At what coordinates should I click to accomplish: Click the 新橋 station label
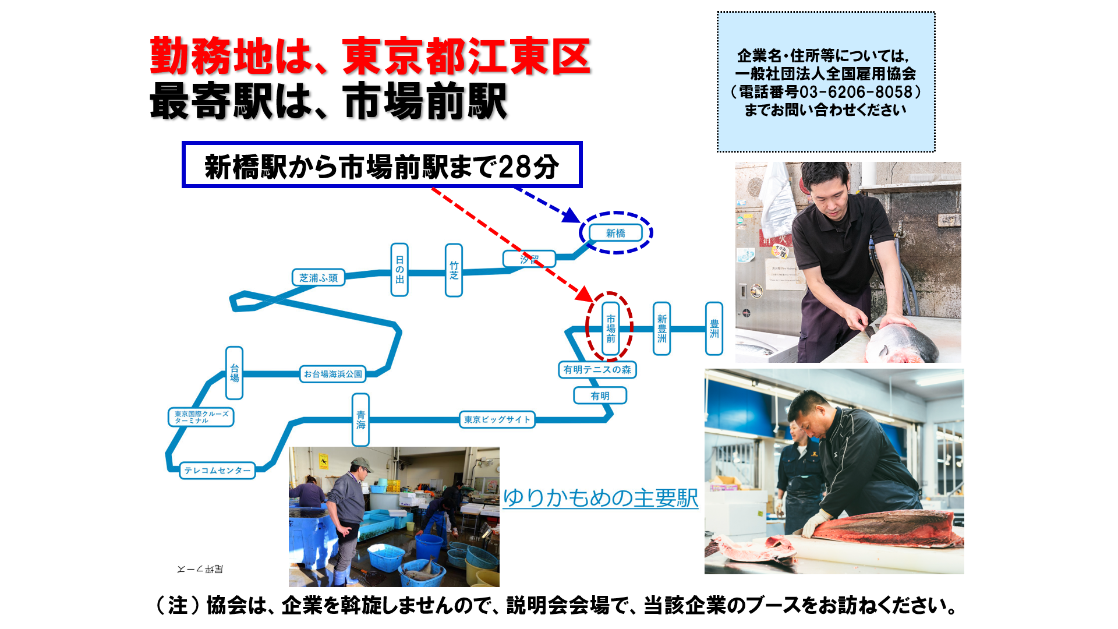click(x=615, y=233)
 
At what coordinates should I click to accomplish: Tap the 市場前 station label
click(x=610, y=328)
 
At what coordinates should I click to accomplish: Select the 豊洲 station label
click(x=714, y=328)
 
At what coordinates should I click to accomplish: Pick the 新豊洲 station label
click(x=661, y=328)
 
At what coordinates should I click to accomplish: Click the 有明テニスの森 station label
click(x=597, y=369)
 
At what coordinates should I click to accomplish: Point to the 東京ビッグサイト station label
click(x=497, y=419)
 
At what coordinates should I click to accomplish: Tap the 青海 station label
click(x=360, y=419)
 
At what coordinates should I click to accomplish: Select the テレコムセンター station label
click(x=217, y=470)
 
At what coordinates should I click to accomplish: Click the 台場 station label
click(x=234, y=373)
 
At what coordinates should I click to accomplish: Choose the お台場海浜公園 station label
click(x=333, y=374)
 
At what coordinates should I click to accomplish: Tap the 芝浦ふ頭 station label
click(x=318, y=278)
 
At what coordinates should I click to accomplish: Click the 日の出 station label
click(x=399, y=270)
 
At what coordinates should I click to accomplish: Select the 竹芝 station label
click(x=454, y=270)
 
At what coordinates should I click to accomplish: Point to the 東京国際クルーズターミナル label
click(x=201, y=417)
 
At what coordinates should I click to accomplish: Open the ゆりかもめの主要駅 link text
click(x=600, y=498)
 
